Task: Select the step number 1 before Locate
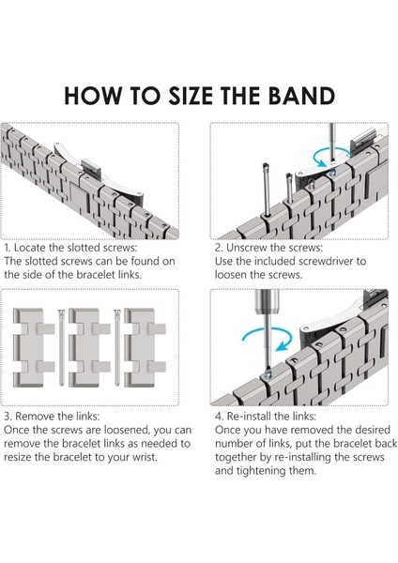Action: point(8,248)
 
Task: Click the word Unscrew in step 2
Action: point(247,248)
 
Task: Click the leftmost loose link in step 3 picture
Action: point(33,347)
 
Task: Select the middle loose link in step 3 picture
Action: point(89,347)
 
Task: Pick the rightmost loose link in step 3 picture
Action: point(145,347)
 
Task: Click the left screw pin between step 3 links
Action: point(61,347)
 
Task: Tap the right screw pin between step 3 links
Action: point(117,347)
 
